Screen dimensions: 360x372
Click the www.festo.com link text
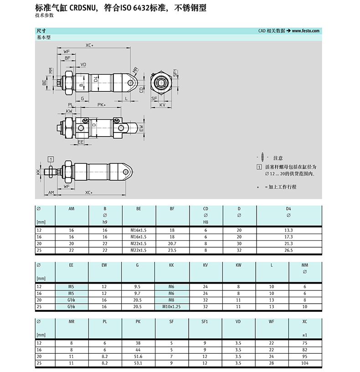tap(306, 31)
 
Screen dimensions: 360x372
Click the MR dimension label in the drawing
tap(135, 70)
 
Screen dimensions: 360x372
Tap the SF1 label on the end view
tap(175, 73)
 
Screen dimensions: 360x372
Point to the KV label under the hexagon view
tap(162, 105)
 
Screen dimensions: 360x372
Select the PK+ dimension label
tap(102, 105)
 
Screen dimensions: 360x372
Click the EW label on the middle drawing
tap(141, 128)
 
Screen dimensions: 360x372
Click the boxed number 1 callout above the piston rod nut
tap(51, 159)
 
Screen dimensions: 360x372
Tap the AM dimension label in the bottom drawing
tap(51, 193)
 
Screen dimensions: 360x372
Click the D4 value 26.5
tap(288, 250)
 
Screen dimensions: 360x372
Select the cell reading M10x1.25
tap(171, 307)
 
